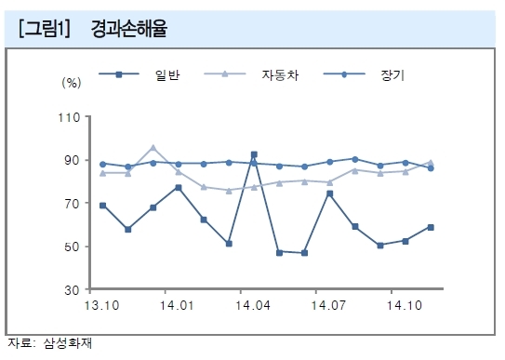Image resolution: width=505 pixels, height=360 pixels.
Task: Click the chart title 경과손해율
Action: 129,29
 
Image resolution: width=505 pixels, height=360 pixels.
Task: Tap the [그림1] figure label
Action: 44,29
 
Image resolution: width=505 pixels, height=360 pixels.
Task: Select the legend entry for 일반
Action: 140,74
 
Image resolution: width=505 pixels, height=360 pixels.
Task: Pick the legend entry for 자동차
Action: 251,74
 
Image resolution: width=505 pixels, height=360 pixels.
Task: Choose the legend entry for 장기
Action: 364,74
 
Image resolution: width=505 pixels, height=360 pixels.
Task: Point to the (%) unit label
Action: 72,83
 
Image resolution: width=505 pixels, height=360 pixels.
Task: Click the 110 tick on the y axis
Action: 69,117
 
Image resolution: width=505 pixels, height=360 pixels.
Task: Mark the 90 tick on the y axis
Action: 73,160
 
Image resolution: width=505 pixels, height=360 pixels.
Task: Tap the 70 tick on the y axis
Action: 73,204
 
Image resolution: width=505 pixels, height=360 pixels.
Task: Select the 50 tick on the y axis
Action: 73,247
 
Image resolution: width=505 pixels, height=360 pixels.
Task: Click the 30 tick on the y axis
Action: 73,290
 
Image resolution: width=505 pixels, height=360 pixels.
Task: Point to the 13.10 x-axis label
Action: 101,305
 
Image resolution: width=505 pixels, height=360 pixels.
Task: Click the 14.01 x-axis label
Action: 177,305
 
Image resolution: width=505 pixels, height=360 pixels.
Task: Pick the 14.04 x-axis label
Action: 253,305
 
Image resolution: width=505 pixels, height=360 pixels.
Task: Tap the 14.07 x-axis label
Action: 328,305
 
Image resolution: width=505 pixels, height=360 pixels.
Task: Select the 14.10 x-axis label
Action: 405,305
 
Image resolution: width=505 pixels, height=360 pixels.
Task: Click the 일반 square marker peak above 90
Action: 254,154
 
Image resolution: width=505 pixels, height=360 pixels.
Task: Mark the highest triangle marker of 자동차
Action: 153,148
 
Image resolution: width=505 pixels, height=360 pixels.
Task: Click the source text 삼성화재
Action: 68,343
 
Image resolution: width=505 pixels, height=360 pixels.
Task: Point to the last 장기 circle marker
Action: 431,168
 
